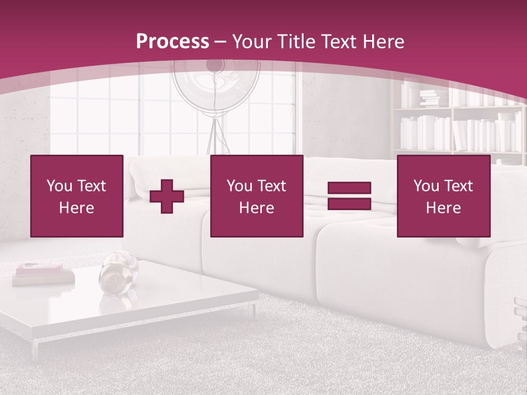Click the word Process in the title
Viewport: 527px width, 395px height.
click(x=172, y=42)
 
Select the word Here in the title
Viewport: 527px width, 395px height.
click(x=380, y=42)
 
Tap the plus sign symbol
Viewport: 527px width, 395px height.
click(x=167, y=196)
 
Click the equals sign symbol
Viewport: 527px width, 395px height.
click(x=349, y=196)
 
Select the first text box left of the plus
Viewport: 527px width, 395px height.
click(x=77, y=196)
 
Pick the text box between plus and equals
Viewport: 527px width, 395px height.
click(x=256, y=196)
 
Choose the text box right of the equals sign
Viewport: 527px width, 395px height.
click(x=443, y=196)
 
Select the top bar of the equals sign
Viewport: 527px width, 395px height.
click(x=349, y=188)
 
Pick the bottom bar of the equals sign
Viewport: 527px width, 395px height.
click(x=349, y=204)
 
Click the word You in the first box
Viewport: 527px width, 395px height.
click(x=60, y=186)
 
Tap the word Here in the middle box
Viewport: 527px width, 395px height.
click(x=256, y=208)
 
